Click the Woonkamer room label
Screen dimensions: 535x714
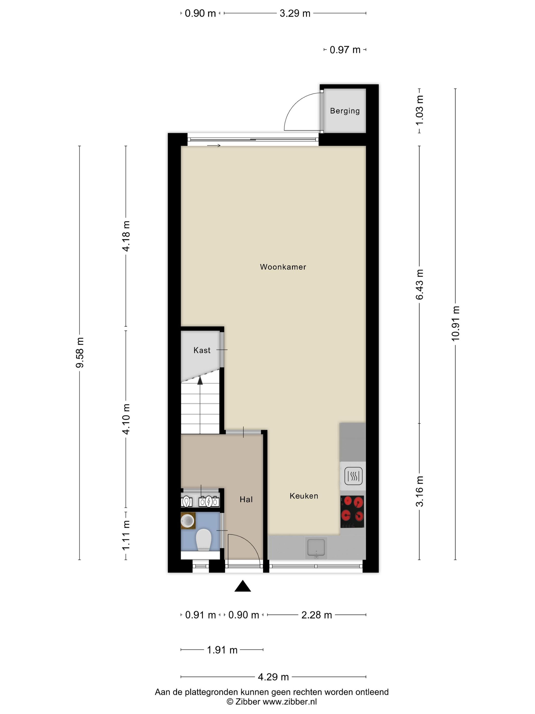[283, 267]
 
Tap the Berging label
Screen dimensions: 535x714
[345, 111]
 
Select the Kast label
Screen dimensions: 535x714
[202, 350]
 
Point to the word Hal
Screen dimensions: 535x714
[246, 500]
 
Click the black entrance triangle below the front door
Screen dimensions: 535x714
[243, 586]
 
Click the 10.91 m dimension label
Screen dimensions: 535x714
[455, 323]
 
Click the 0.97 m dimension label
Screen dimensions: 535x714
[345, 50]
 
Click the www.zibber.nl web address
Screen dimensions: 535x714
[290, 702]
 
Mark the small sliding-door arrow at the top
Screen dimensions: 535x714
[213, 146]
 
